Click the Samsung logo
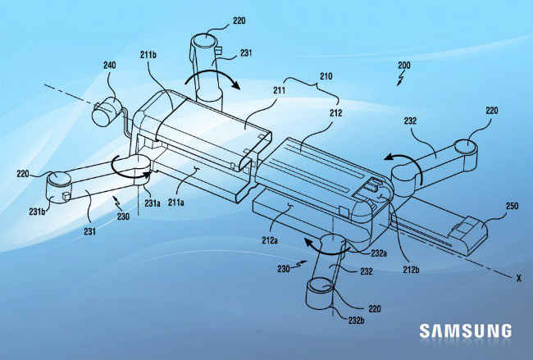466,330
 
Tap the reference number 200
404,65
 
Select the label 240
109,65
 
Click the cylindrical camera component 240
105,112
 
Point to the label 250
512,206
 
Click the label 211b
148,55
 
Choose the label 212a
270,240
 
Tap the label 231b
38,212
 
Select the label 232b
356,320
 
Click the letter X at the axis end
519,278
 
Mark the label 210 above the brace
326,76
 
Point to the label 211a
176,203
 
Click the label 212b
411,270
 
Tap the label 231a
152,203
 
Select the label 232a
379,253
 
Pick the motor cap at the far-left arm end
59,179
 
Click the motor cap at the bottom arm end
321,285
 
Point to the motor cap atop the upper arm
204,41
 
